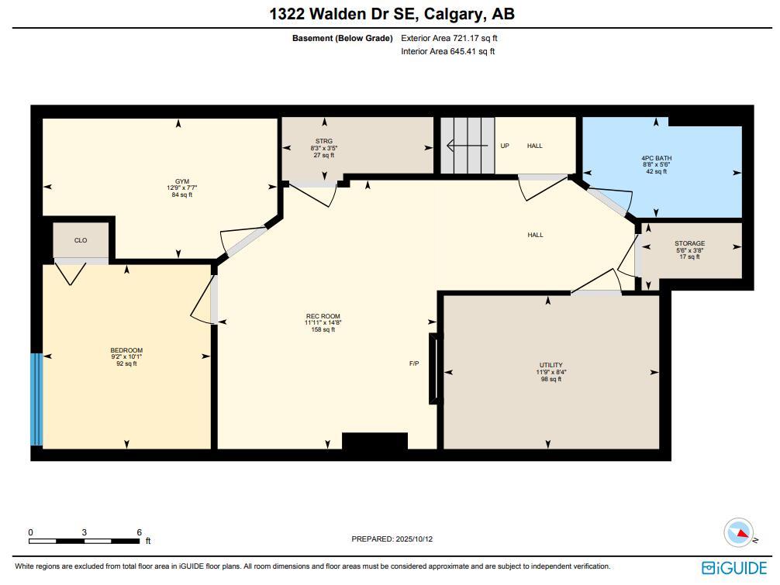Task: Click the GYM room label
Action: [x=181, y=181]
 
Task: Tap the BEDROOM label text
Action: [x=126, y=350]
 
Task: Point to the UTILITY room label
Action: [x=550, y=365]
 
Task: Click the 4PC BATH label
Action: [x=656, y=158]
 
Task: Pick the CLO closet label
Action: [x=81, y=240]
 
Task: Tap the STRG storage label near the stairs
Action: [x=323, y=141]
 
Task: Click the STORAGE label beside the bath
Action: [x=689, y=243]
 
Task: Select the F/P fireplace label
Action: [x=414, y=363]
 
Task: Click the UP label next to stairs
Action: [x=505, y=146]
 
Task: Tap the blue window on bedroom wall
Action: [x=36, y=399]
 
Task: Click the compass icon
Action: [x=738, y=533]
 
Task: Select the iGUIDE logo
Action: [x=733, y=568]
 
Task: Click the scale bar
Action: [x=85, y=540]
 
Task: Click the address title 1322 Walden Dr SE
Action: [x=392, y=14]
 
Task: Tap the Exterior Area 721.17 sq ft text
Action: [x=443, y=38]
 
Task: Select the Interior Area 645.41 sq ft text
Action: [x=447, y=52]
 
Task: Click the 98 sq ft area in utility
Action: [x=550, y=379]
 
